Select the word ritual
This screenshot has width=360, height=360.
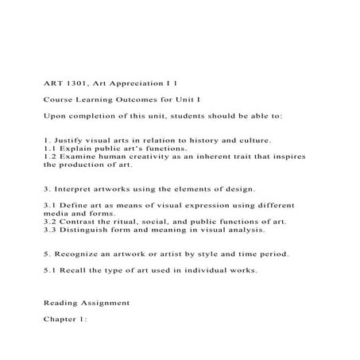133,222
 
